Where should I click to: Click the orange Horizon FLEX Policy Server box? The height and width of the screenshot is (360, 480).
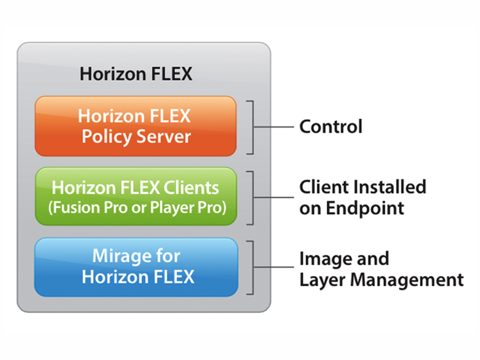point(136,126)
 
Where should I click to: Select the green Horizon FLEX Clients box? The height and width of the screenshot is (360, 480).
point(136,196)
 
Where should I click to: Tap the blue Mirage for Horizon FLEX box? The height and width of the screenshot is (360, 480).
point(136,267)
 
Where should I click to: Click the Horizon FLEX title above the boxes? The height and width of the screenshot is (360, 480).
point(136,74)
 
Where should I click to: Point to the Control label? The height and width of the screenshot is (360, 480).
point(331,127)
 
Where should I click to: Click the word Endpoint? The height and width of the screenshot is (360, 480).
point(365,209)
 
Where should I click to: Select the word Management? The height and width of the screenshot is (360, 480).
point(407,280)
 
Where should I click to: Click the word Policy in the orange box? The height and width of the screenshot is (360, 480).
point(107,137)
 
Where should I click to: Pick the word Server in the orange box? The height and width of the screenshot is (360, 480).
point(164,137)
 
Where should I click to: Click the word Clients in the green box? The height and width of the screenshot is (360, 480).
point(191,187)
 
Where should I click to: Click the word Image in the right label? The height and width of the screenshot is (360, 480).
point(326,260)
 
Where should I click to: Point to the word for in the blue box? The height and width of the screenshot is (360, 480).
point(168,256)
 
